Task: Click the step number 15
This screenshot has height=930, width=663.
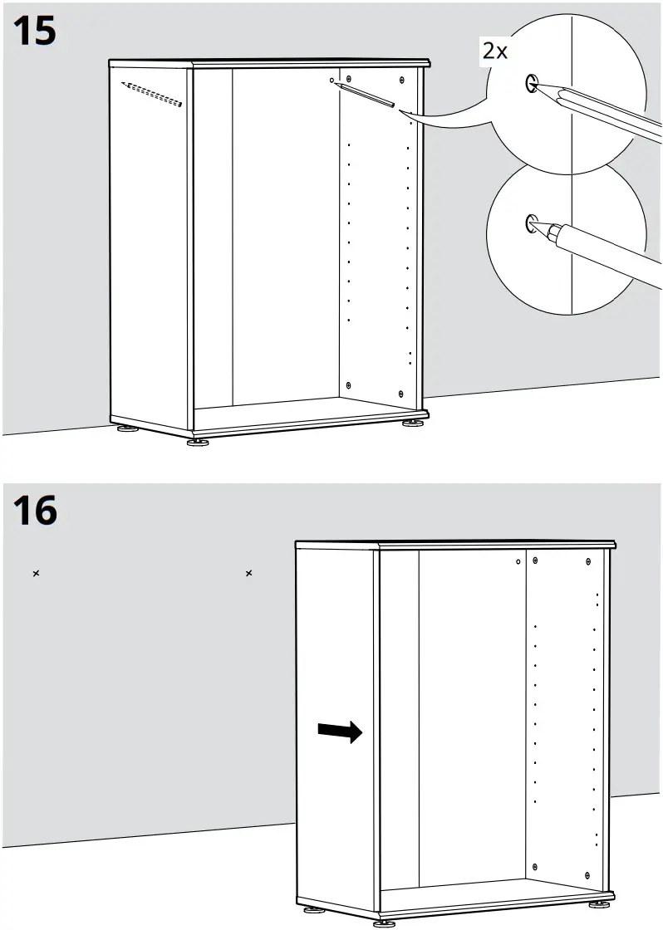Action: (x=35, y=32)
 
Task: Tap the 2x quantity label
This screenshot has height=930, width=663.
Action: (x=495, y=51)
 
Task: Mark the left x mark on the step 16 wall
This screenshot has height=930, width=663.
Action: (x=36, y=573)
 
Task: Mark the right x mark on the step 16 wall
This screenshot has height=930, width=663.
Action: (x=249, y=573)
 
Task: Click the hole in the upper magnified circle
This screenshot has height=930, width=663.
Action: (x=531, y=82)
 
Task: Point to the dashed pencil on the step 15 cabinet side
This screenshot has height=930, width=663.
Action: (x=150, y=94)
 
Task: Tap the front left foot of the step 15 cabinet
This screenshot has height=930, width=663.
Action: (x=198, y=442)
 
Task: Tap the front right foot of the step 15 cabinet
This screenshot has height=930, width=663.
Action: (x=412, y=423)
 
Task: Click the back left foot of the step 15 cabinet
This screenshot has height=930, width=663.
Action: (x=127, y=429)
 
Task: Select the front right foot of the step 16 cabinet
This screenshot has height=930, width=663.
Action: (x=598, y=904)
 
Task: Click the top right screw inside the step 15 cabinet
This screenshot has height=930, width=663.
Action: (x=402, y=80)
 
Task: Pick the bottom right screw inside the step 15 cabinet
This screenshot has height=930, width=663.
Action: (x=401, y=393)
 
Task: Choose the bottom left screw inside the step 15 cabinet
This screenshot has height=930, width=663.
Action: (x=349, y=384)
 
